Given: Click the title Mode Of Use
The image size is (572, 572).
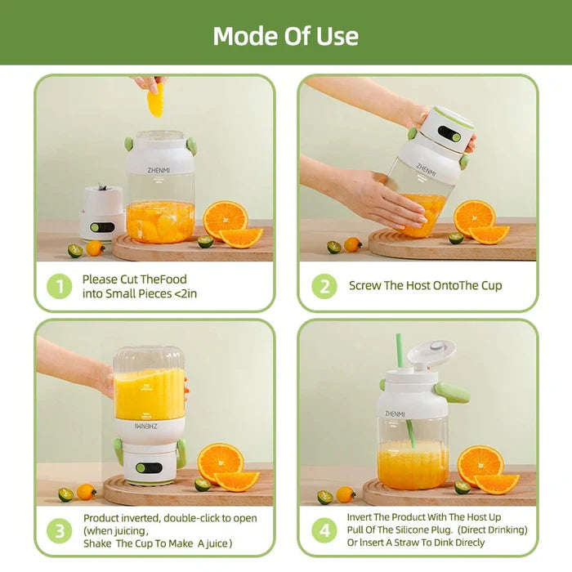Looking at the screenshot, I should click(285, 36).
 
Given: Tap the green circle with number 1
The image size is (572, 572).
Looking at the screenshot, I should click(59, 286).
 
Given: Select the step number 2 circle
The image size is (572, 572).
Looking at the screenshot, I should click(324, 286).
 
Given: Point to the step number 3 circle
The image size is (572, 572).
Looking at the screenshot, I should click(59, 530).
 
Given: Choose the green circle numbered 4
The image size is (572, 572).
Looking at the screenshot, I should click(324, 530).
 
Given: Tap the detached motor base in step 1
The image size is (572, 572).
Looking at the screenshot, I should click(102, 212).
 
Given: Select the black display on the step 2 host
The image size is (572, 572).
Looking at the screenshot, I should click(449, 132).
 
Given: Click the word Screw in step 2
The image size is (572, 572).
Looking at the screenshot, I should click(364, 286).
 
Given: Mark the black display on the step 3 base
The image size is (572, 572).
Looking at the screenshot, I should click(148, 468).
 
